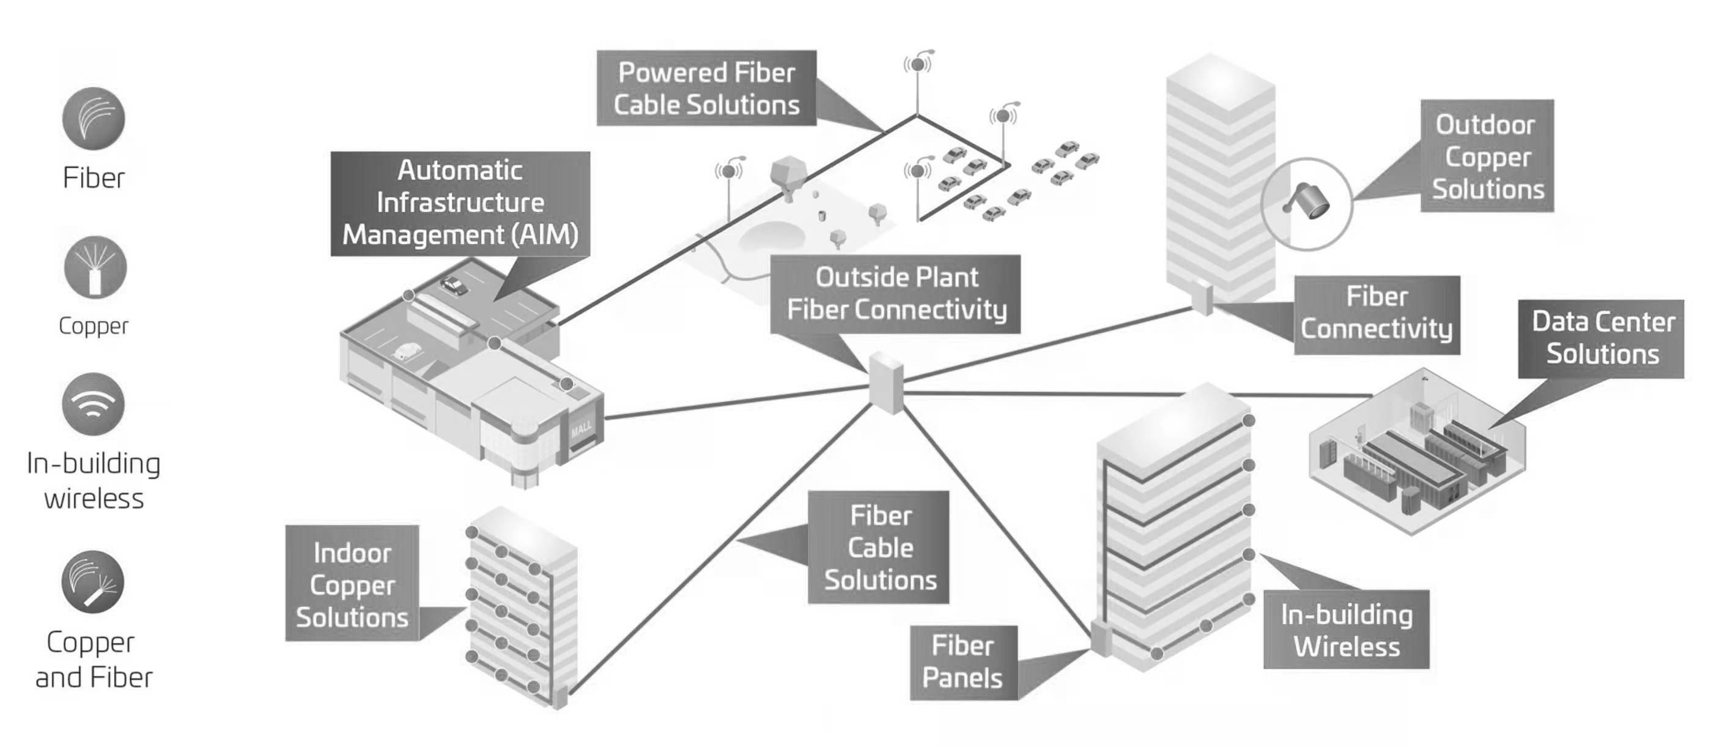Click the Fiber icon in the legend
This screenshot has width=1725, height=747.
tap(94, 119)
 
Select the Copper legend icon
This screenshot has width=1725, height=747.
tap(95, 267)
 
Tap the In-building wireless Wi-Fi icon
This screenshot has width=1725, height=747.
tap(94, 404)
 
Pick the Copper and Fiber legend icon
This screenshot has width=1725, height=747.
tap(93, 582)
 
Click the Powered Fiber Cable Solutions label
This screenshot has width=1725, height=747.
tap(706, 87)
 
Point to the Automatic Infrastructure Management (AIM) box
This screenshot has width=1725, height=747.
tap(460, 203)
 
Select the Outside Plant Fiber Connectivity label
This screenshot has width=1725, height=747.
tap(895, 294)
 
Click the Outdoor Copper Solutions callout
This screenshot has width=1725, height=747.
tap(1487, 156)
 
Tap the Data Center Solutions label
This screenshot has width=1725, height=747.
tap(1601, 338)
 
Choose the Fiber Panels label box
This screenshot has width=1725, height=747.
tap(963, 662)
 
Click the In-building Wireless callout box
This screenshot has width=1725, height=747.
tap(1346, 630)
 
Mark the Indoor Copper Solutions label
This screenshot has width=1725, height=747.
tap(352, 584)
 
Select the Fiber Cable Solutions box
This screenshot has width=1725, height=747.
tap(879, 548)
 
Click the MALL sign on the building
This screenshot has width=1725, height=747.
tap(580, 428)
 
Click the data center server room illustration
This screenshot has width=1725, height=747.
tap(1416, 452)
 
